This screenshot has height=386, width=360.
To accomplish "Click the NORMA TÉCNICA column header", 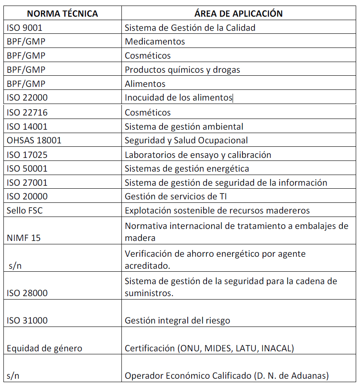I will tap(62, 13).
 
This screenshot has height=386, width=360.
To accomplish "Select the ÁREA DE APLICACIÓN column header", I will tap(238, 13).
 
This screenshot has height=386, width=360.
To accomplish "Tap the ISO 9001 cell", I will tap(25, 28).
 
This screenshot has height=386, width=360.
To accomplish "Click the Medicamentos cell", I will tap(155, 42).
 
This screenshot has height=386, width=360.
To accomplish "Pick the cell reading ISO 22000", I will tap(27, 98).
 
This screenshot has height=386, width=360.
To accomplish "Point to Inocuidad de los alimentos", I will tap(178, 98).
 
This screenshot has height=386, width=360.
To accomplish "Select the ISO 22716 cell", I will tap(27, 113).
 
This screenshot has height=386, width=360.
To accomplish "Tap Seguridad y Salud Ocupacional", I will tap(186, 140).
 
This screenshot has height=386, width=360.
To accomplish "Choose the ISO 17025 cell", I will tap(27, 154).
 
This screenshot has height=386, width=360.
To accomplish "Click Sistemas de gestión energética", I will tap(187, 169).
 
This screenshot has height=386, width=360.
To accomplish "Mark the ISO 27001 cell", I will tap(27, 183).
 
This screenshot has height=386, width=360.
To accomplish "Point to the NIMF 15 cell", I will tap(24, 238).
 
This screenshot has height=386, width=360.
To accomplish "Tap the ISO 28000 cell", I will tap(27, 293).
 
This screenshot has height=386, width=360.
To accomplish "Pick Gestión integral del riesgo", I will tap(177, 321).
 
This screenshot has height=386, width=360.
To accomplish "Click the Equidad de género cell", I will tap(44, 348).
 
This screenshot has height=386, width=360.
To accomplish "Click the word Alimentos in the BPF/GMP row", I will tap(145, 84).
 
